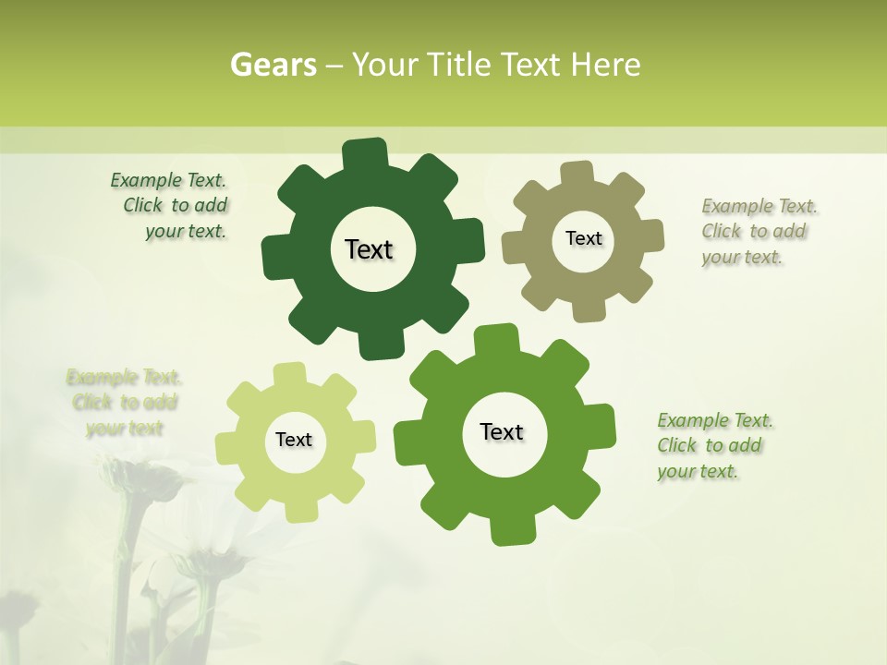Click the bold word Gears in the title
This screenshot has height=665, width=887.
tap(273, 65)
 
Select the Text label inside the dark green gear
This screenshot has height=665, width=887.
tap(369, 249)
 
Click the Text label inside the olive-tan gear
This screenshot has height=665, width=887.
tap(583, 238)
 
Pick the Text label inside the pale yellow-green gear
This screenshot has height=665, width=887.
tap(294, 440)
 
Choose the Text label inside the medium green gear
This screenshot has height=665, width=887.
tap(502, 431)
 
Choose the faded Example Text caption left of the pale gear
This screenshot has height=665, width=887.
tap(124, 403)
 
